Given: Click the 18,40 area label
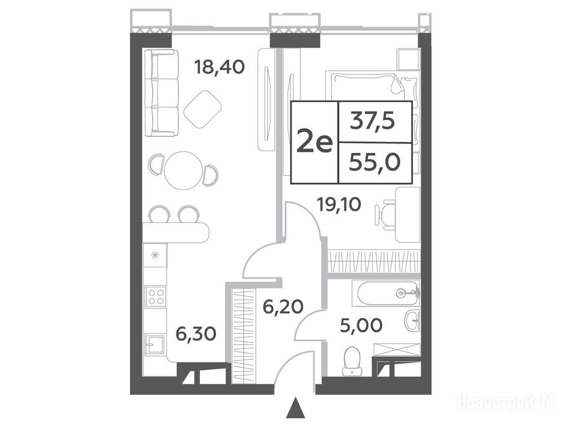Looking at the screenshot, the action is (219, 67).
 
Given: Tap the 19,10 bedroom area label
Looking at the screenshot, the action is (339, 205).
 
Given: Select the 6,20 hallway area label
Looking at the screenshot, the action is (283, 307).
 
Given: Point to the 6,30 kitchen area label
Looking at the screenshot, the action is (196, 334).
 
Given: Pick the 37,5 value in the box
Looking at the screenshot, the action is (373, 121).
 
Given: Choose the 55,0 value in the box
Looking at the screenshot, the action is (374, 162).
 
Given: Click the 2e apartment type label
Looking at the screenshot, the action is (315, 143).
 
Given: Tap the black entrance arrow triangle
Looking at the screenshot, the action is (295, 408).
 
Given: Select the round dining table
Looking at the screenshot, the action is (183, 171).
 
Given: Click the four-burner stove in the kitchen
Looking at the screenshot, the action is (155, 296).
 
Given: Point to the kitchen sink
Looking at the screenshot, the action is (155, 345).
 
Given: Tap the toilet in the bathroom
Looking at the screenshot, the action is (352, 361).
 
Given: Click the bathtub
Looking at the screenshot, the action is (385, 293).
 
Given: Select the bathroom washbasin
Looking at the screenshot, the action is (413, 320).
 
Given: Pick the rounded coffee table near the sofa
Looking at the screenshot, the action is (203, 109).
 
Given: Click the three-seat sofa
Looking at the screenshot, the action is (161, 93).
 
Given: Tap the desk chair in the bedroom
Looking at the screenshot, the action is (385, 215).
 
